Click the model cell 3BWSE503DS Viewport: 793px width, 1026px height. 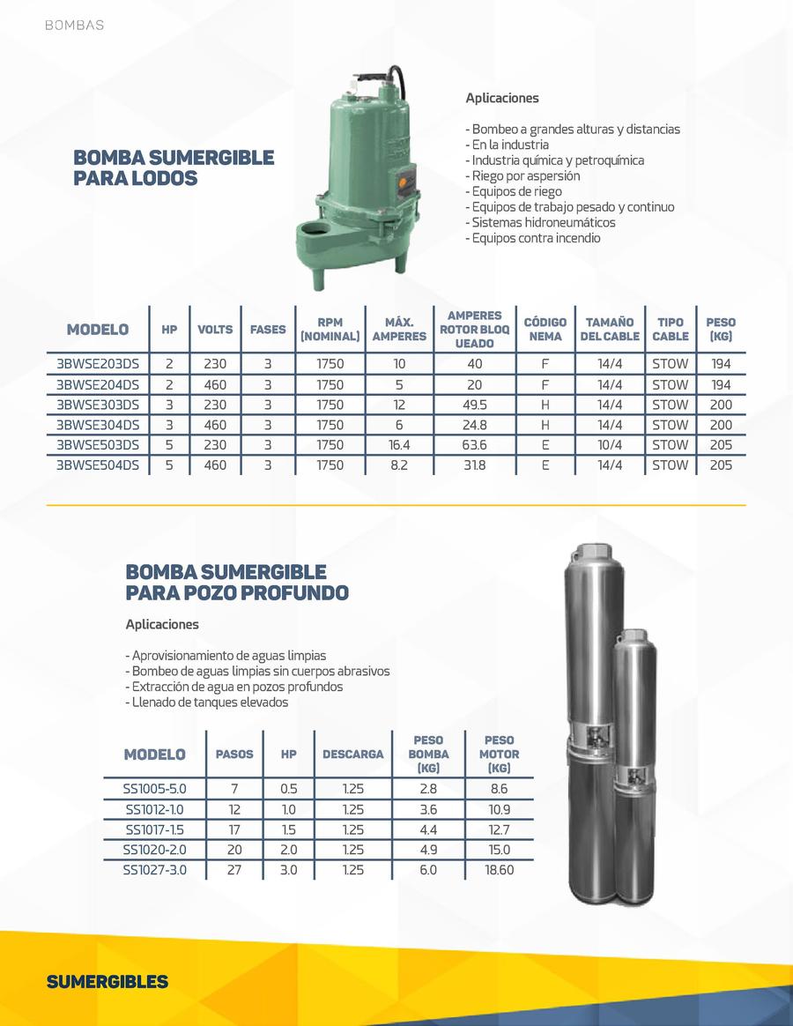[98, 445]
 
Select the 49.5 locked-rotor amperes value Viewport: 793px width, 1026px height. [474, 405]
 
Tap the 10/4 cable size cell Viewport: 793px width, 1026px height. [609, 445]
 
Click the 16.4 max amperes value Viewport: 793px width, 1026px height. [399, 445]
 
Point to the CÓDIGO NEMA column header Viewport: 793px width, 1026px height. [545, 330]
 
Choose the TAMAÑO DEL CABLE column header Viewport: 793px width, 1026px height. [610, 330]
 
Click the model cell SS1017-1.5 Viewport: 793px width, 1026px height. [154, 829]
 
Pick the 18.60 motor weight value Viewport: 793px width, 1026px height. [499, 870]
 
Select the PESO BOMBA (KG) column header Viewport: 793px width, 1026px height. [428, 755]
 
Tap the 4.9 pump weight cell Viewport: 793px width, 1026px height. [428, 850]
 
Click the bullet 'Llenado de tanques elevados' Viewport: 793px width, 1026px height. [207, 703]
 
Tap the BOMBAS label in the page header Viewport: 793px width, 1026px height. [74, 26]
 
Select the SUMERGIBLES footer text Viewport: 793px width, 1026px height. [107, 982]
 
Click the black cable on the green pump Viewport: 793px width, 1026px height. [398, 85]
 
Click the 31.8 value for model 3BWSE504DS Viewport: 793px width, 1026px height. [474, 465]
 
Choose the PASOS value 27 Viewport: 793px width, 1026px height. [234, 870]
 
